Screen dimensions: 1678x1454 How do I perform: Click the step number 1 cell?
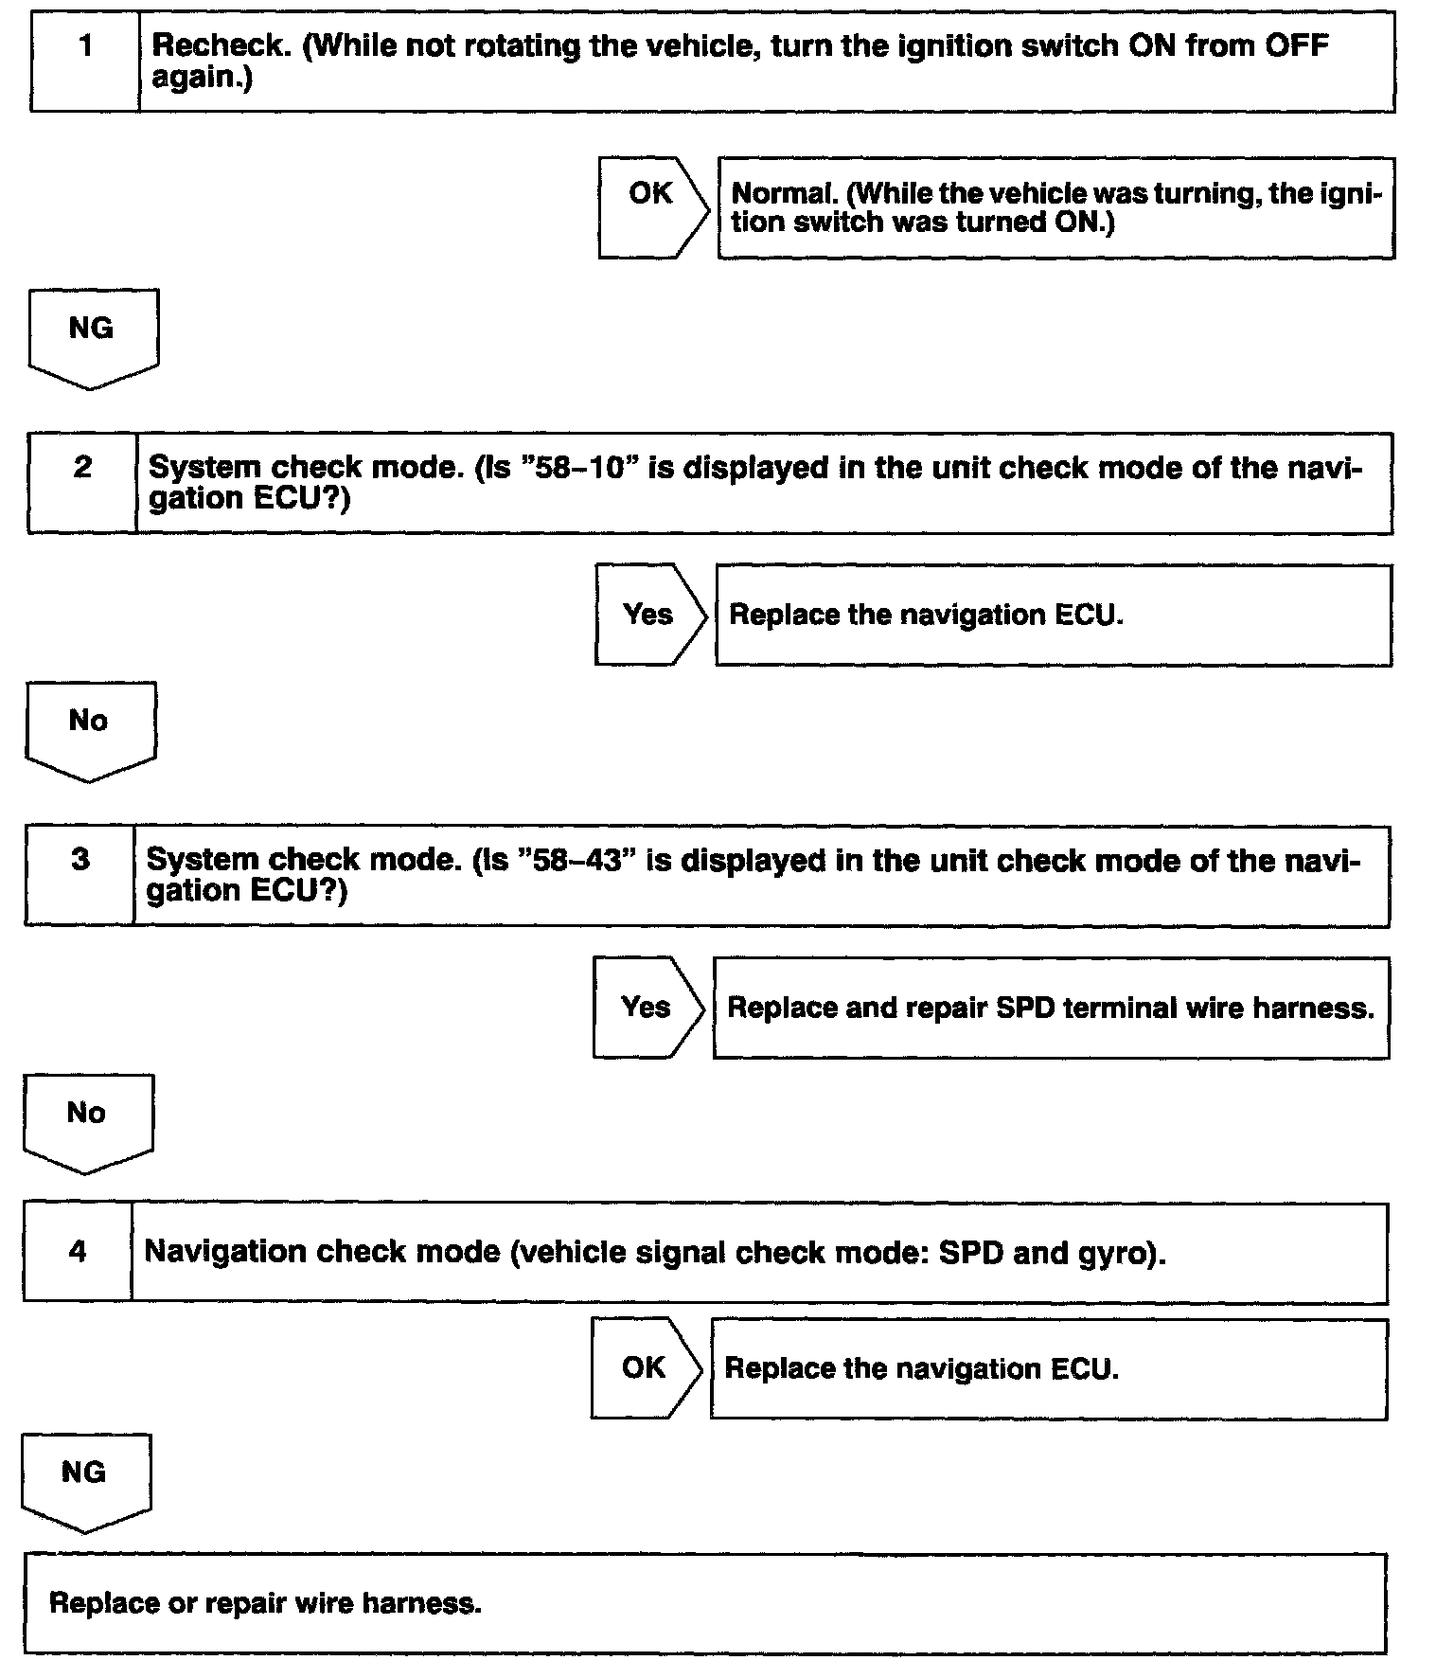pyautogui.click(x=85, y=62)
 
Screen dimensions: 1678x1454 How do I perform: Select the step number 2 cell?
pyautogui.click(x=82, y=483)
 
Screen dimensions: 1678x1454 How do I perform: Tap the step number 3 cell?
pyautogui.click(x=80, y=875)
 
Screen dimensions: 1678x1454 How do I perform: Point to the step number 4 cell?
pyautogui.click(x=78, y=1252)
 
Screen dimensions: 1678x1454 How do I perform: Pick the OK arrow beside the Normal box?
pyautogui.click(x=652, y=207)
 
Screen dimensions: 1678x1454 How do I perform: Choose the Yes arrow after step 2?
pyautogui.click(x=649, y=615)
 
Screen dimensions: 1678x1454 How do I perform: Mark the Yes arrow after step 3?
pyautogui.click(x=647, y=1007)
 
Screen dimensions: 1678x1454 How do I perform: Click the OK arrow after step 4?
pyautogui.click(x=646, y=1367)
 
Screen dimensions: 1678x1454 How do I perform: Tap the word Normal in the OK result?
pyautogui.click(x=786, y=193)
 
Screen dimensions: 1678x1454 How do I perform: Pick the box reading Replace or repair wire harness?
pyautogui.click(x=705, y=1603)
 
